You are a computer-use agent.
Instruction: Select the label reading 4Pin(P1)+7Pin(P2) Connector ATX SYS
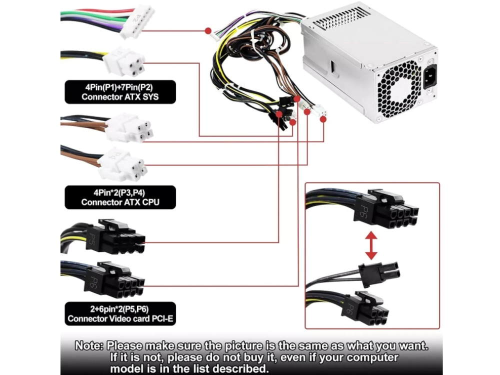(x=120, y=91)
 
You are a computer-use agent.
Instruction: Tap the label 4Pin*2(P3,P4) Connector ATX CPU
(x=120, y=197)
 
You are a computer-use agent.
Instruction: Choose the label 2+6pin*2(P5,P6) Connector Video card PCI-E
(x=120, y=313)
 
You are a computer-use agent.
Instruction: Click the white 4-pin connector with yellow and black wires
(x=124, y=62)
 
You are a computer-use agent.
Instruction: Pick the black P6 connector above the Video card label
(x=118, y=280)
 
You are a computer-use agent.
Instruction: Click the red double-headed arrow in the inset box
(x=371, y=245)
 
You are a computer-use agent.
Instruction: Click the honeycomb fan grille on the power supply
(x=398, y=88)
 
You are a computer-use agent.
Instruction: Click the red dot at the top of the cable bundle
(x=208, y=30)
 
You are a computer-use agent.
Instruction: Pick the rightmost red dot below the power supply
(x=323, y=119)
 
